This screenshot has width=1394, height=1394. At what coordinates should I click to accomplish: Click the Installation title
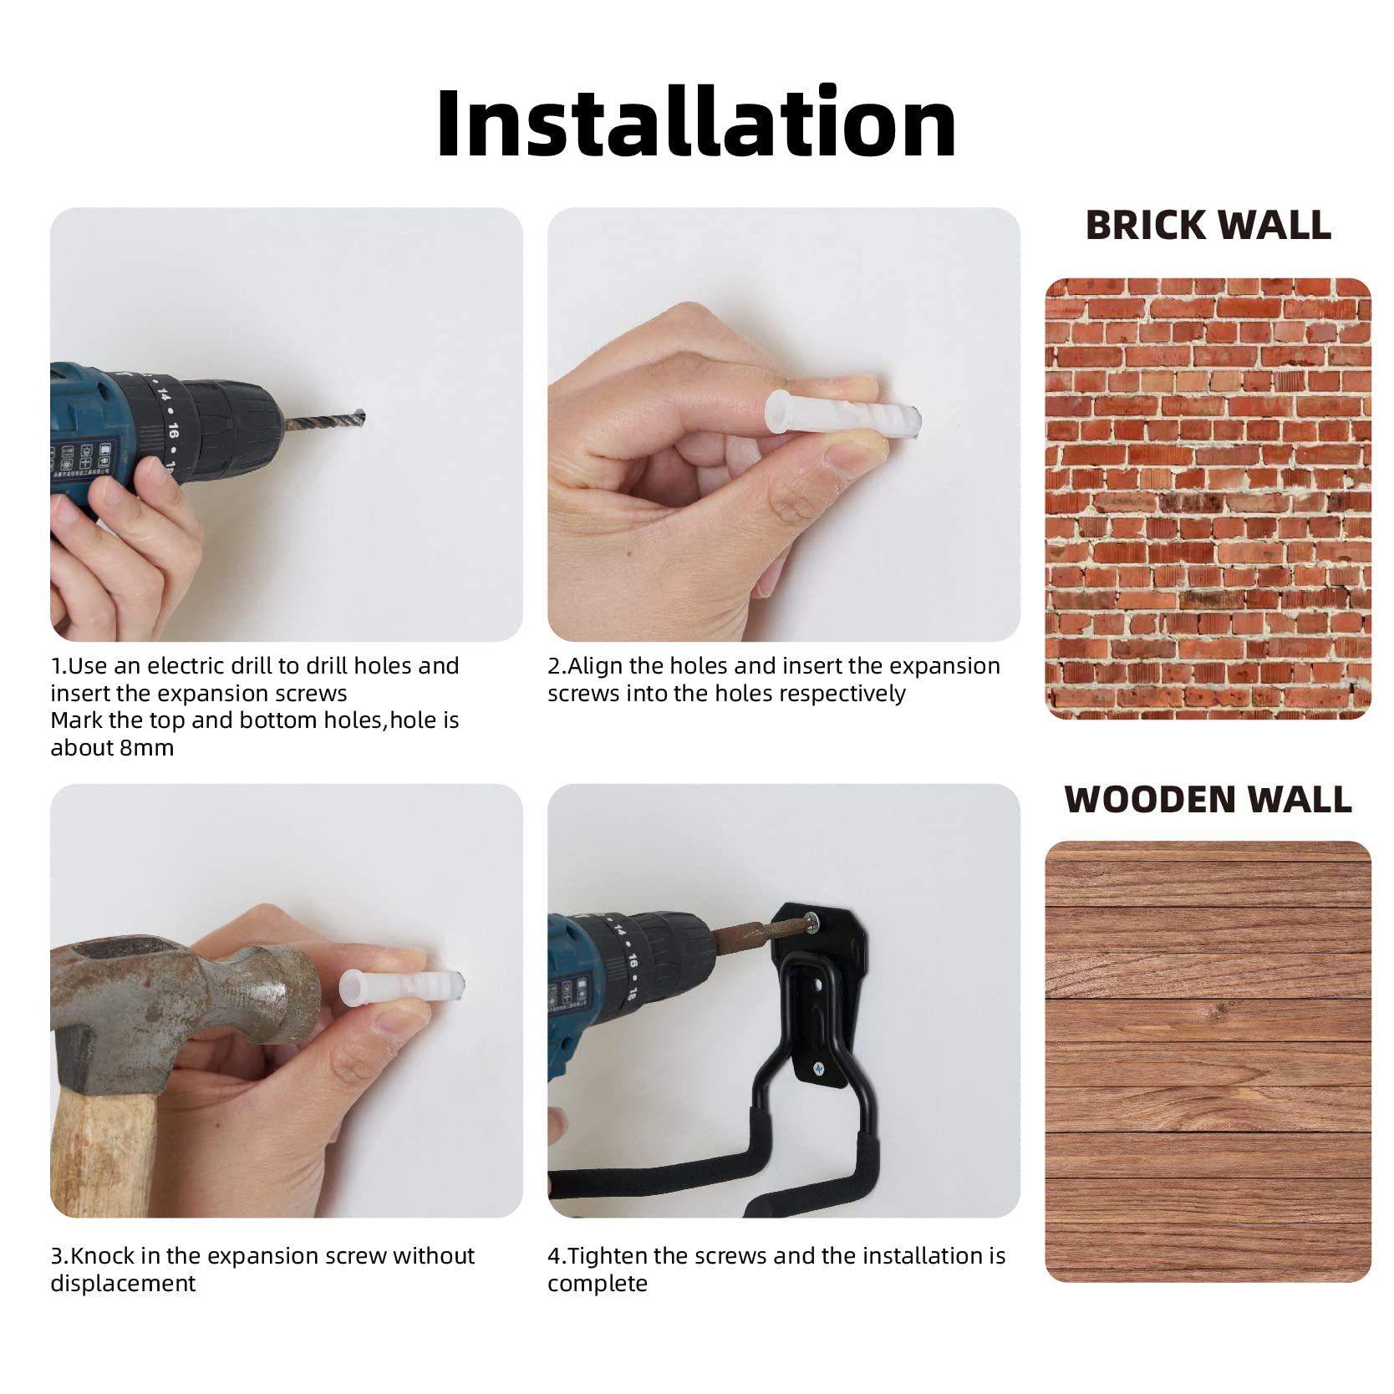click(696, 122)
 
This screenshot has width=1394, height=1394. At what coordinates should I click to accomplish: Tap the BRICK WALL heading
click(1208, 225)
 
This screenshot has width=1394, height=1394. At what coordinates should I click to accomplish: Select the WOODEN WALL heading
click(1208, 799)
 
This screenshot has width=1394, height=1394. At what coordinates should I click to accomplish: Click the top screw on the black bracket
click(813, 922)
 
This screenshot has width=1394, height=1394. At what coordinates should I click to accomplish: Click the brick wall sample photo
click(1208, 498)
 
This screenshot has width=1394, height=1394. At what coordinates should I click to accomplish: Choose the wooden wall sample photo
click(1208, 1061)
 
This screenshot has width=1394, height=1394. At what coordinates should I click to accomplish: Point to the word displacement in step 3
click(123, 1283)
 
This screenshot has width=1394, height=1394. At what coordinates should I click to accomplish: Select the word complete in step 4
click(598, 1284)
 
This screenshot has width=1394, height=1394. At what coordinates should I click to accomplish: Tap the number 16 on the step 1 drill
click(172, 431)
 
